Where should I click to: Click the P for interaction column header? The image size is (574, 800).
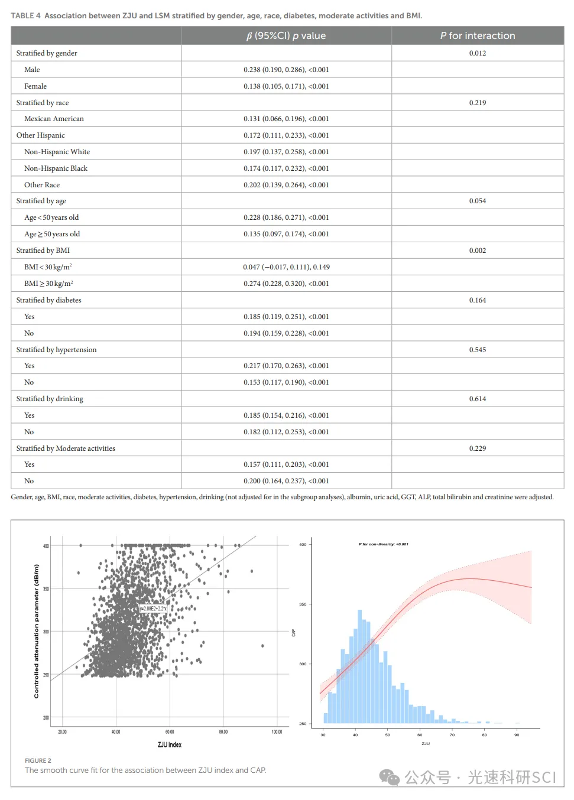tap(477, 36)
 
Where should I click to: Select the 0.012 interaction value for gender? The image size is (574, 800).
tap(477, 53)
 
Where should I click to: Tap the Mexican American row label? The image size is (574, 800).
tap(54, 119)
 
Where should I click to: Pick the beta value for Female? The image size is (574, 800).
tap(286, 86)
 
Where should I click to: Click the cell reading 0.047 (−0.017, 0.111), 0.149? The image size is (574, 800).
tap(286, 267)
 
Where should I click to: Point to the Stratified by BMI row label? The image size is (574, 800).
tap(43, 251)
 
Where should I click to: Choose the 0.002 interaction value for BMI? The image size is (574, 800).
tap(477, 251)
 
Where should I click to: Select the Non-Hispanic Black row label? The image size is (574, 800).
tap(56, 168)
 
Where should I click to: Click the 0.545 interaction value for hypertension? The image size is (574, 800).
tap(477, 350)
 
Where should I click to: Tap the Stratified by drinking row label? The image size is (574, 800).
tap(50, 399)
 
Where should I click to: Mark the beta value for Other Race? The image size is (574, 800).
tap(286, 185)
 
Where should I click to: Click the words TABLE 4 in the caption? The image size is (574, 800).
tap(25, 16)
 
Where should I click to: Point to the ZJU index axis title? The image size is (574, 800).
tap(170, 744)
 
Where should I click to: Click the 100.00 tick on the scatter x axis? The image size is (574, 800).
tap(277, 732)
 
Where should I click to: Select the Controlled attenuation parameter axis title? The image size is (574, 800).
tap(37, 631)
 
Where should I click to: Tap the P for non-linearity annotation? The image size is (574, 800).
tap(383, 544)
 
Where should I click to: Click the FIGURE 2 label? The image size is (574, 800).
tap(38, 760)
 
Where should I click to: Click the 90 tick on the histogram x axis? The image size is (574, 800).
tap(517, 735)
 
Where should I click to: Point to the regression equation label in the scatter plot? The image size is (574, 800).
tap(153, 609)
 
